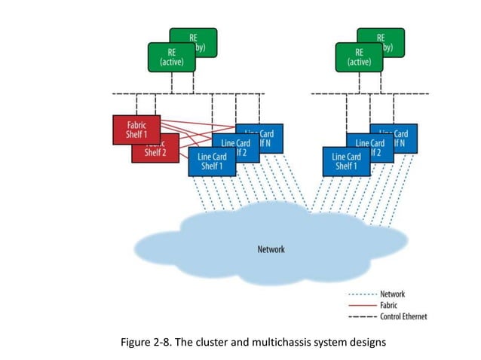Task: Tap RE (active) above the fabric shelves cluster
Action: pyautogui.click(x=171, y=58)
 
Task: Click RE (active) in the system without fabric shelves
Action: pyautogui.click(x=359, y=58)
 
